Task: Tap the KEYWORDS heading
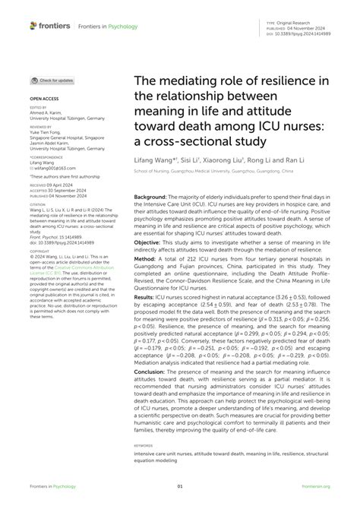(x=143, y=446)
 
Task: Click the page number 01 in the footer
(x=180, y=488)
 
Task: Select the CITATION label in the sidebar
(x=38, y=204)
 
